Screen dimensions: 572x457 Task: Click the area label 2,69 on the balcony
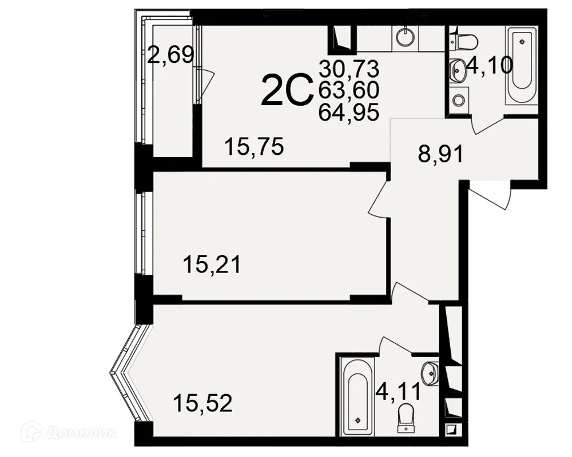pos(170,56)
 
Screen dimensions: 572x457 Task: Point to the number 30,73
pos(349,69)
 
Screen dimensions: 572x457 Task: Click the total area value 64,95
pos(349,111)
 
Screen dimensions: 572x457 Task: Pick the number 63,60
pos(349,90)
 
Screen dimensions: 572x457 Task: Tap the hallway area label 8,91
pos(440,154)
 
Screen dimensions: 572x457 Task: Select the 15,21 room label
pos(212,264)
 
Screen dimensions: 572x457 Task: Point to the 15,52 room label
pos(203,403)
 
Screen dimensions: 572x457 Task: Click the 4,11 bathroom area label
pos(398,391)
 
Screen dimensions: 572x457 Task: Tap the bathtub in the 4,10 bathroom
pos(521,67)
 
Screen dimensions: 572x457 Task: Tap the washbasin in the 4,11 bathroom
pos(430,374)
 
